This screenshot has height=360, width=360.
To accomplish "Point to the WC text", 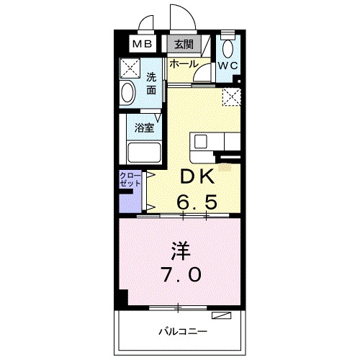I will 228,66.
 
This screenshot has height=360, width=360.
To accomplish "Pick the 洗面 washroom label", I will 151,84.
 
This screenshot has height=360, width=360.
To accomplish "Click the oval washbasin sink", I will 129,94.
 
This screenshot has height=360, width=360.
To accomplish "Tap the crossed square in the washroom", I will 130,69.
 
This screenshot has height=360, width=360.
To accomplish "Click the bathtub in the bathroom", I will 144,153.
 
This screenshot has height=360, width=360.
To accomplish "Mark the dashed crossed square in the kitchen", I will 231,97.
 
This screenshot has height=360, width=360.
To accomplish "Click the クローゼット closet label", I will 130,180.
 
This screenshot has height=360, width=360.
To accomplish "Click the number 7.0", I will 181,274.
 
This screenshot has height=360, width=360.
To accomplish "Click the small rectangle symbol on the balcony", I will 223,316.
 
